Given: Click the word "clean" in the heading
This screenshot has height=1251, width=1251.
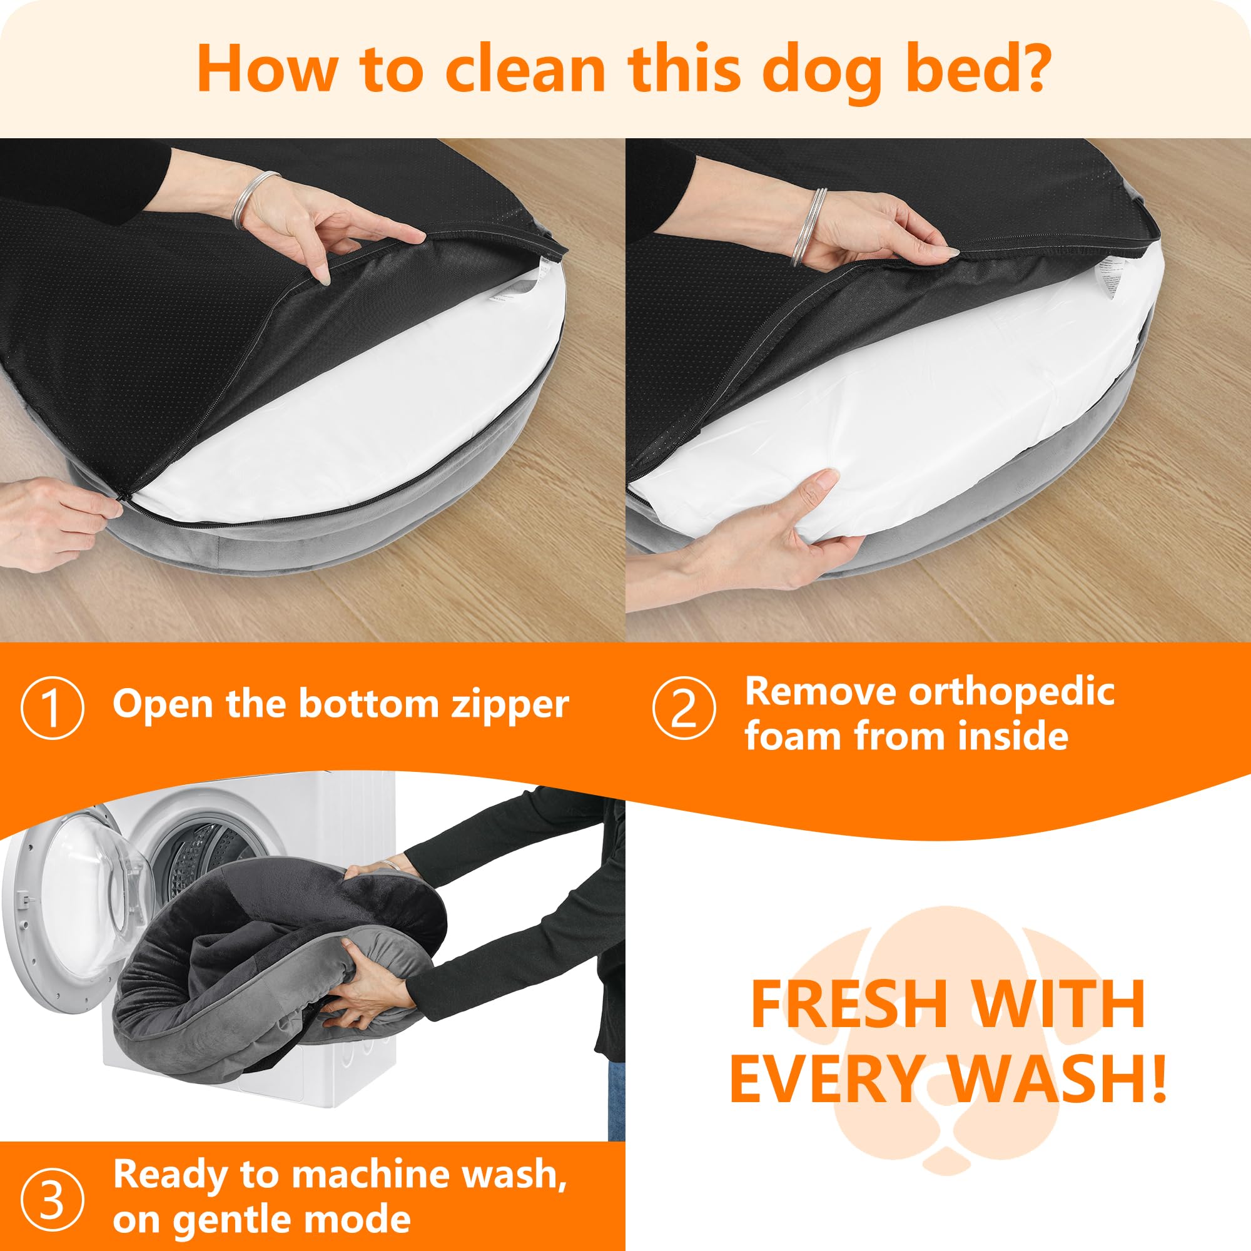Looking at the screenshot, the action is pos(525,69).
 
